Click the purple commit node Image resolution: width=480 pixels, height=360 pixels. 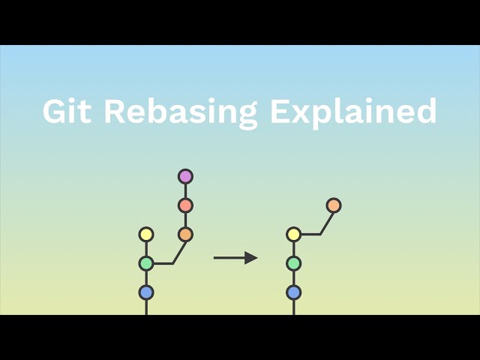click(185, 176)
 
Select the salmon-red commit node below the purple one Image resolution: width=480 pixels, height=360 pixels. click(185, 205)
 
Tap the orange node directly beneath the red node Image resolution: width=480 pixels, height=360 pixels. click(185, 234)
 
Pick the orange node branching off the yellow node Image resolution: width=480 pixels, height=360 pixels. click(334, 205)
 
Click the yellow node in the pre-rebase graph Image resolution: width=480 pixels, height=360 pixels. click(146, 235)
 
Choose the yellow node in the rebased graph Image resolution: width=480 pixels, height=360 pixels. click(293, 235)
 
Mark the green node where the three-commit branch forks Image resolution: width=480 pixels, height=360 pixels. click(146, 263)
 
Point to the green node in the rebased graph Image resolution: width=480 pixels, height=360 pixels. click(293, 263)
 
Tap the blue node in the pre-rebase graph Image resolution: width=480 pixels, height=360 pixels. click(146, 292)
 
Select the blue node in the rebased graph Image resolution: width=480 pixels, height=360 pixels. click(293, 292)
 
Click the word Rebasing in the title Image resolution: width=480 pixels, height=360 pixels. click(180, 112)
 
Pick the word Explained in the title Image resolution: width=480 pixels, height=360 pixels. click(353, 112)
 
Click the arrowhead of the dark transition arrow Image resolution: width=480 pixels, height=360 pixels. click(251, 258)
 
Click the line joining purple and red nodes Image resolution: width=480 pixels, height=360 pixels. click(185, 190)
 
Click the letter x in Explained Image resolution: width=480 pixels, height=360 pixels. click(296, 112)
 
